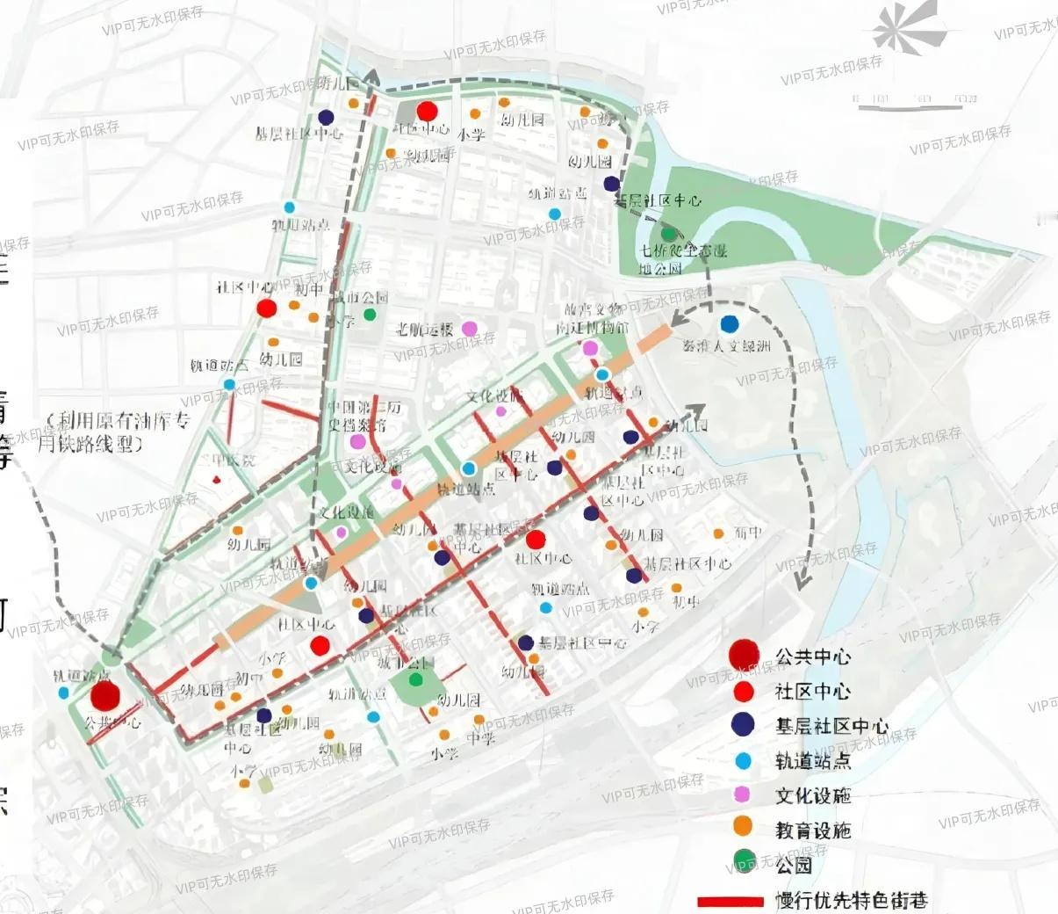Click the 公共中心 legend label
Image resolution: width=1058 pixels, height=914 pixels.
813,656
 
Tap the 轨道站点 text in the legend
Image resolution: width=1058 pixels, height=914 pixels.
813,761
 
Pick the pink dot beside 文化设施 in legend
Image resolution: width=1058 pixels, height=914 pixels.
743,794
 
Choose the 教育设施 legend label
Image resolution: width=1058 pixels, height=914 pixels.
813,831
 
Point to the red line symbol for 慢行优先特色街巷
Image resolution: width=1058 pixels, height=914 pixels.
730,902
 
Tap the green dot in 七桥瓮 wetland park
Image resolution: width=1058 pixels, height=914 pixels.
669,235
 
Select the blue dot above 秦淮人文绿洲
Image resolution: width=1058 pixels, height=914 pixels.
729,324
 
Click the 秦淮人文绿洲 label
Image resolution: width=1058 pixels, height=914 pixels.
726,346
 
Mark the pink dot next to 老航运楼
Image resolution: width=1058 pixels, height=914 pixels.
470,329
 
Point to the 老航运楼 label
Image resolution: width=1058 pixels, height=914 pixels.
425,330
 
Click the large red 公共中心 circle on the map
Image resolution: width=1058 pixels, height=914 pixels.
105,695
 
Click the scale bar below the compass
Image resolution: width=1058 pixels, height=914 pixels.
917,104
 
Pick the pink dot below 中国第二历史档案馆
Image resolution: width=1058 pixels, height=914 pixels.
358,442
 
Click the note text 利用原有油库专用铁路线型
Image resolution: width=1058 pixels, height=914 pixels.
114,432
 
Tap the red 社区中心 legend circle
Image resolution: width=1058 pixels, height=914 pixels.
743,691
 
